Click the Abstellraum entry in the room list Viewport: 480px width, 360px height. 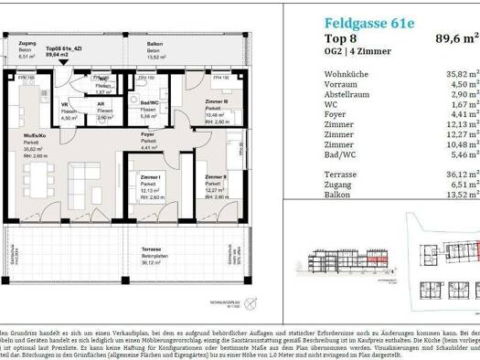click(x=337, y=94)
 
